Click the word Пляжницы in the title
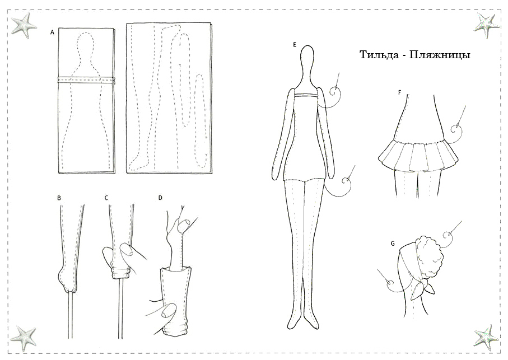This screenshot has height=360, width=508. tap(440, 55)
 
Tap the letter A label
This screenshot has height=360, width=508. tap(52, 32)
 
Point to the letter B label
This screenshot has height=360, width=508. tap(59, 198)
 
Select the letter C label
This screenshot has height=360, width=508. tap(106, 198)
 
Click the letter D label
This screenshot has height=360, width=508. tap(160, 198)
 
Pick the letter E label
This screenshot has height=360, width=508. tap(295, 45)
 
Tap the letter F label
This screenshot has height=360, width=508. tap(400, 92)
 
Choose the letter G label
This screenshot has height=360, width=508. tap(393, 244)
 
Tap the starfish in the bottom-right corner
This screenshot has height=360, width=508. tap(486, 337)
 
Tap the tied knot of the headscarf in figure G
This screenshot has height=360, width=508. tap(422, 287)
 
